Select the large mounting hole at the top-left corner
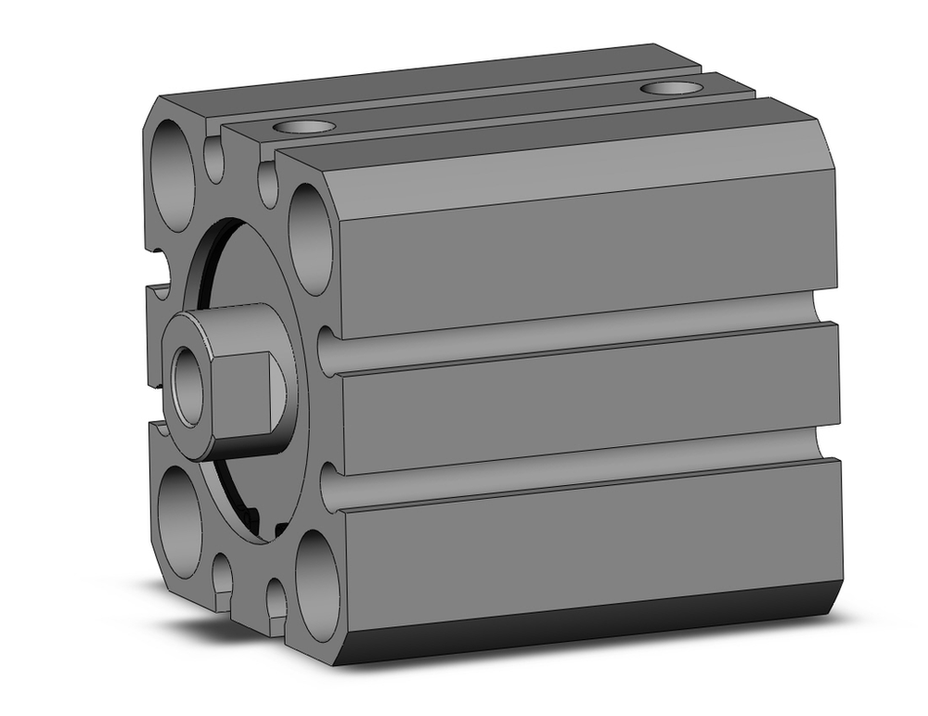(x=174, y=174)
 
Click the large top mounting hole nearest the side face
(x=310, y=239)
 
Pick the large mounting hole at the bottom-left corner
(x=179, y=521)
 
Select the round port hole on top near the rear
(x=672, y=88)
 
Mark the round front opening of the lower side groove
(x=326, y=486)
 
